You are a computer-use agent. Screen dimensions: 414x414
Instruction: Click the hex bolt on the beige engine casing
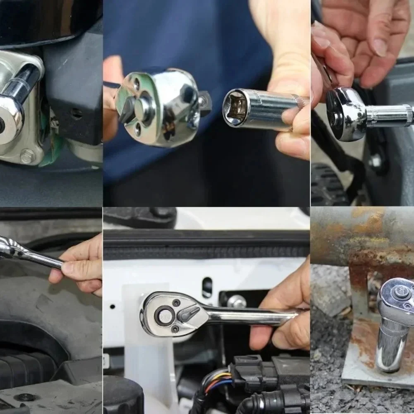click(27, 156)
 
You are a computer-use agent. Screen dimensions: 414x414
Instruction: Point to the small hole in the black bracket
click(74, 112)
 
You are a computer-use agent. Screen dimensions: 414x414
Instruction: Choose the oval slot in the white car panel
click(207, 287)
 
